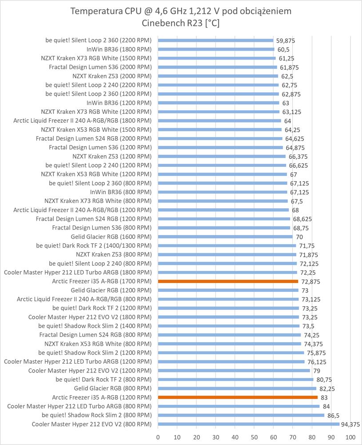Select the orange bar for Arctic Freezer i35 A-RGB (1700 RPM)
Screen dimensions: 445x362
tap(228, 281)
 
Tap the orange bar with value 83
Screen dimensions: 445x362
tap(238, 397)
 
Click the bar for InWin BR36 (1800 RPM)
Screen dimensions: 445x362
tap(216, 49)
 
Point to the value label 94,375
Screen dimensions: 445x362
tap(350, 424)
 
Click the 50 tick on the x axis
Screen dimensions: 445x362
tap(255, 437)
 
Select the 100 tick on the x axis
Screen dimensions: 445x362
tap(350, 437)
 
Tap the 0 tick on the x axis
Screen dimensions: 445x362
tap(158, 437)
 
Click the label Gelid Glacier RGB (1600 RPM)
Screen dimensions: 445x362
tap(111, 236)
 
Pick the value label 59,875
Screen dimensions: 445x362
tap(285, 40)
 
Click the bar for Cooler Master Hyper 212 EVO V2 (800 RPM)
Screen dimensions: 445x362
tap(248, 424)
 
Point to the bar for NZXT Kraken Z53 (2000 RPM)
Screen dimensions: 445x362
tap(218, 76)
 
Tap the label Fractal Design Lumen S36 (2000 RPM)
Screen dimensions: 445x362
tap(100, 67)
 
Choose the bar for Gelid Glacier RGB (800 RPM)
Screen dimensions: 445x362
tap(237, 388)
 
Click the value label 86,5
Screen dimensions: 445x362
tap(334, 415)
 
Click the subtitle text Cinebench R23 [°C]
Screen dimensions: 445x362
tap(181, 23)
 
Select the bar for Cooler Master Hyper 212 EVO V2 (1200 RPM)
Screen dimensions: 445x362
tap(234, 370)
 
